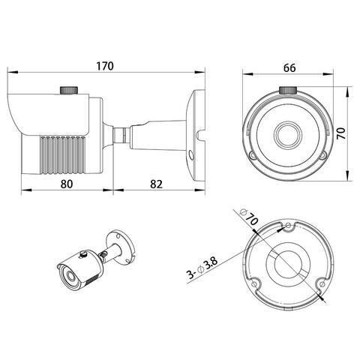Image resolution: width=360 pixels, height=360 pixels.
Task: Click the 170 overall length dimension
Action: tap(105, 66)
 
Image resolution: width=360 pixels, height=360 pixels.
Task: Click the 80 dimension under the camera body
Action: tap(67, 184)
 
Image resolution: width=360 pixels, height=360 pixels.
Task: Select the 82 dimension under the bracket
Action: tap(156, 184)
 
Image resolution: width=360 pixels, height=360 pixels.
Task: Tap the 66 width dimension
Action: tap(289, 67)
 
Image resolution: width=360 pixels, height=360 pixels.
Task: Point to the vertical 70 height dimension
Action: tap(341, 133)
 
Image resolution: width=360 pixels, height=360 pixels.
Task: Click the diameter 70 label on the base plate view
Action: tap(248, 217)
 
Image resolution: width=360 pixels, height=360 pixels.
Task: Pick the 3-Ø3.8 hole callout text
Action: tap(202, 268)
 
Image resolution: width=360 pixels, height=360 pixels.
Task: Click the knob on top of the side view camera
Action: tap(69, 90)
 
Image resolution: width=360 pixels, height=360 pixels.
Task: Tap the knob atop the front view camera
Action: tap(288, 90)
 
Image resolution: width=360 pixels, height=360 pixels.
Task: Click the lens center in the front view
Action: tap(288, 134)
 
